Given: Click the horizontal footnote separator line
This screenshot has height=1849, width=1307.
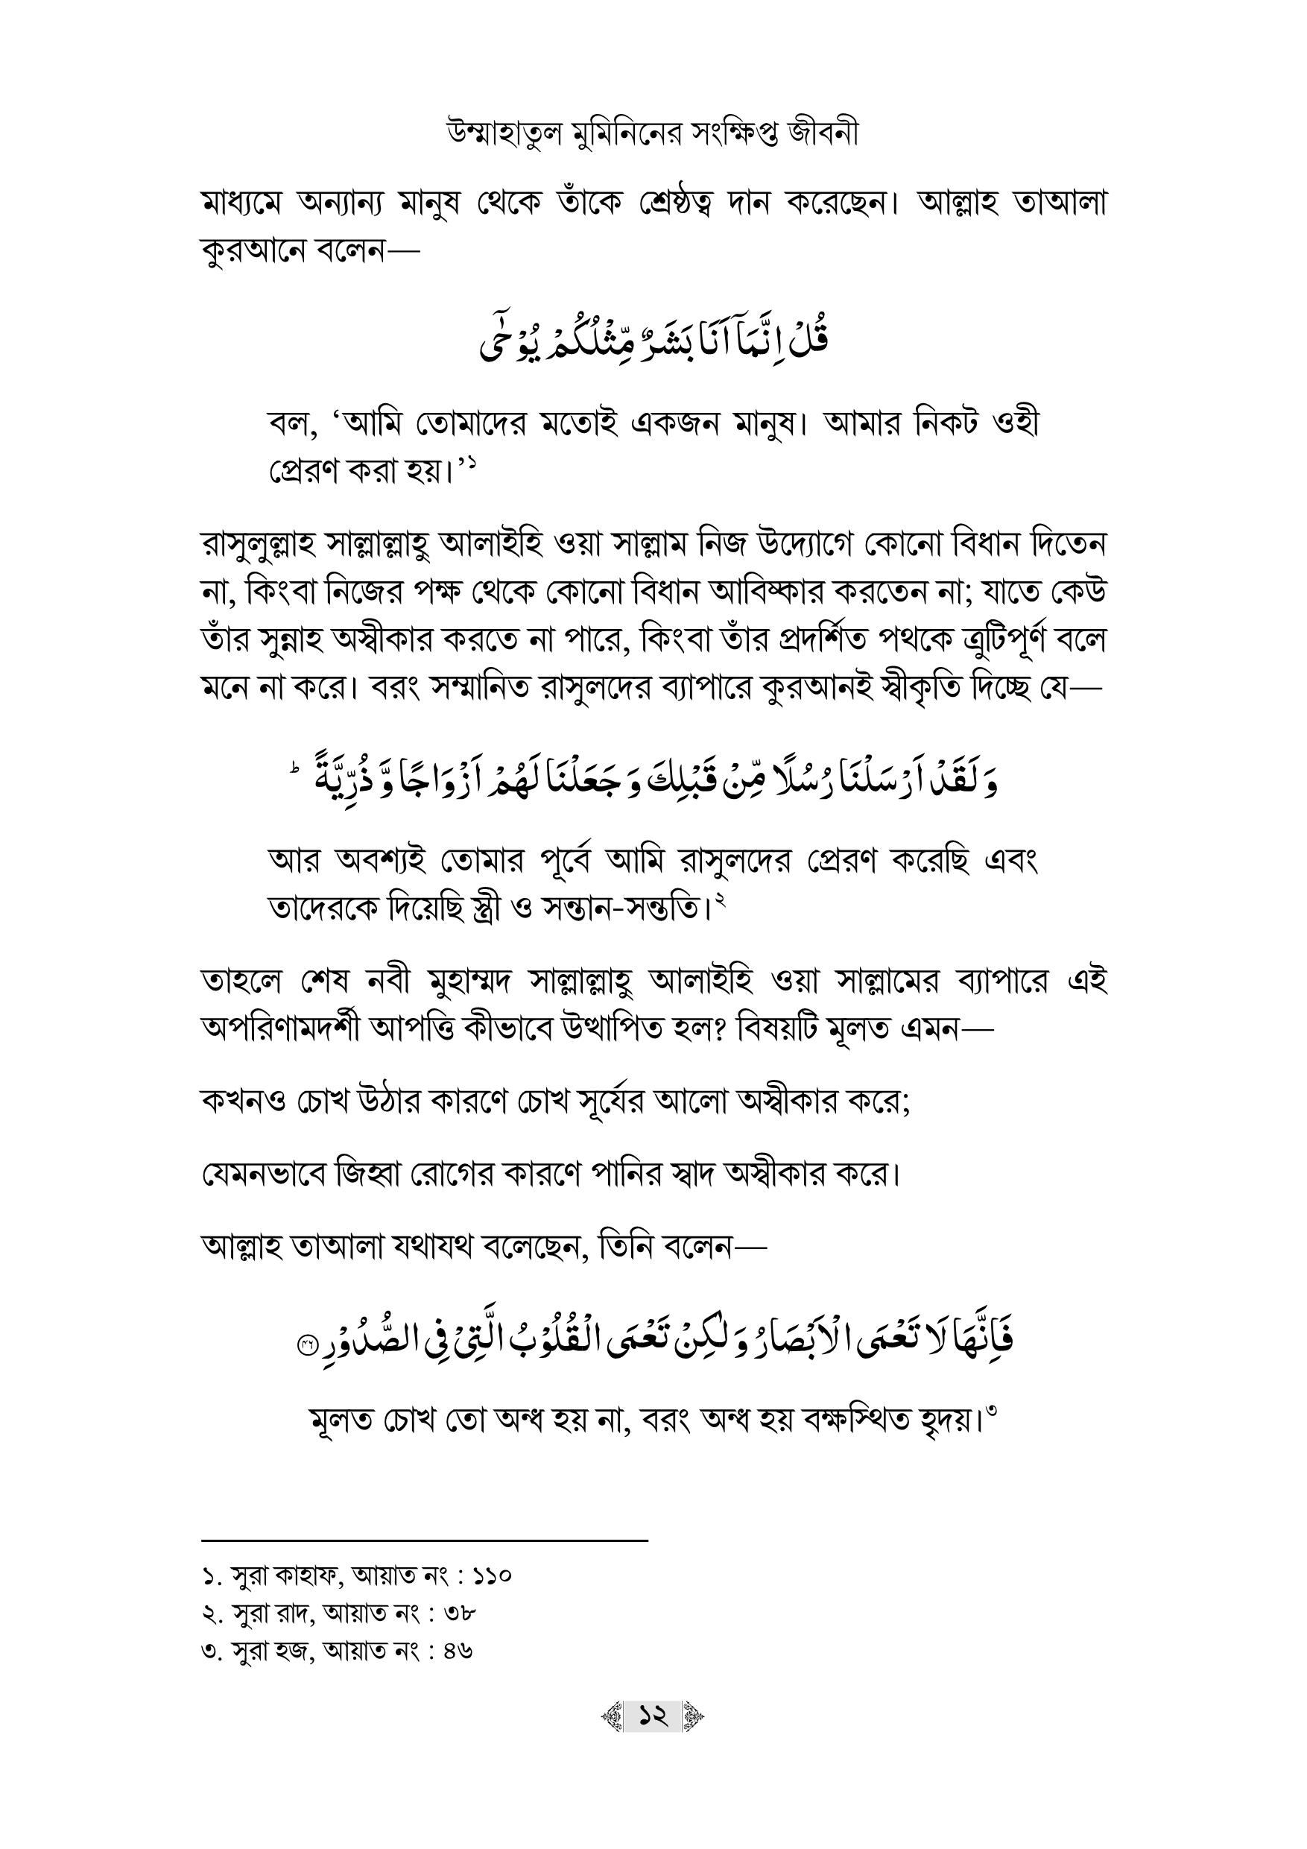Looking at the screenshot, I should (x=425, y=1541).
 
